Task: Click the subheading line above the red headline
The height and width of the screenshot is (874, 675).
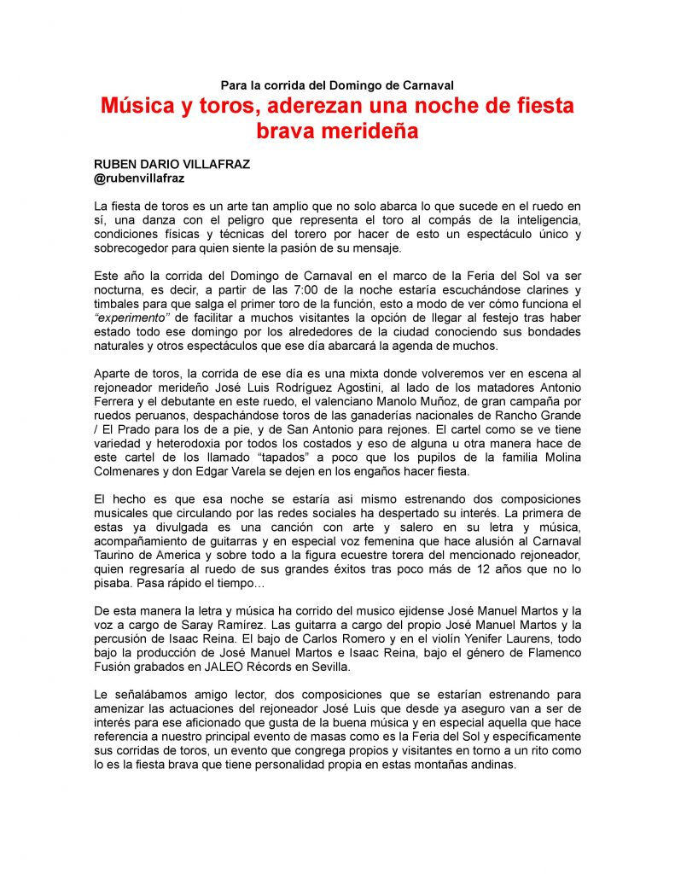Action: (337, 84)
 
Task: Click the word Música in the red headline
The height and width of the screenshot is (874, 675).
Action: (136, 107)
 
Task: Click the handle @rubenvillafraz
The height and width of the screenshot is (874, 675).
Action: (139, 178)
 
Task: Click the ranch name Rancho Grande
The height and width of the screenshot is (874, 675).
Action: (543, 416)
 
